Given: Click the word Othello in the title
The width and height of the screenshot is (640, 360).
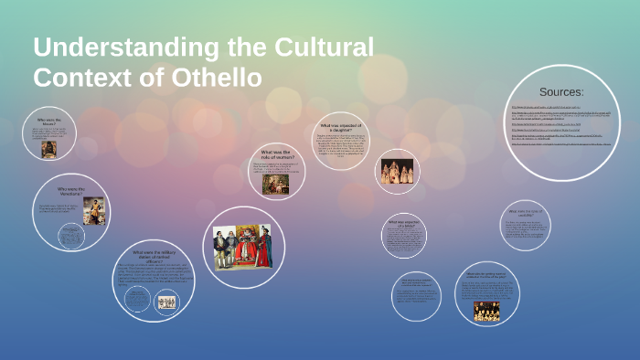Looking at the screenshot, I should [x=216, y=78].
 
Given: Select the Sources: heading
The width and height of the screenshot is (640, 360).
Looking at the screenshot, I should [x=561, y=92].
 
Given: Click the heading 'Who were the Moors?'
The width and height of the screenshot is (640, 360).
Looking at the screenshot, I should [x=49, y=120].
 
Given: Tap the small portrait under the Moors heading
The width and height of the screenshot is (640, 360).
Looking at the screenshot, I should [x=49, y=148].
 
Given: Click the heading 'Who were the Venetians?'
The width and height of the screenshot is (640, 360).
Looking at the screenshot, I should [x=69, y=193].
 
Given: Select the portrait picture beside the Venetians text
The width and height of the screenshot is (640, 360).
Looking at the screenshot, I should [x=94, y=211].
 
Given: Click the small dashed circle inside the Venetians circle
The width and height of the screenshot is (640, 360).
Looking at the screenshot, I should [x=70, y=237].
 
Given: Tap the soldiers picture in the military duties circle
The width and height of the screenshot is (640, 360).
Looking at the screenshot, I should [x=166, y=302].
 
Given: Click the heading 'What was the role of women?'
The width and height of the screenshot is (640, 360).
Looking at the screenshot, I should [x=277, y=154].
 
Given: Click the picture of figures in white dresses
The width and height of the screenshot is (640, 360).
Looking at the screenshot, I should [x=397, y=172].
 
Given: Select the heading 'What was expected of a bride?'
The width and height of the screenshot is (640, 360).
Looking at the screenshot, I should [x=403, y=224].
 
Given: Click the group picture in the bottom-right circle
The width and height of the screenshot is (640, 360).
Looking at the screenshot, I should [x=486, y=311].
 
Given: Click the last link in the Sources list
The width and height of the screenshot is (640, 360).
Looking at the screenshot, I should [x=560, y=144].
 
